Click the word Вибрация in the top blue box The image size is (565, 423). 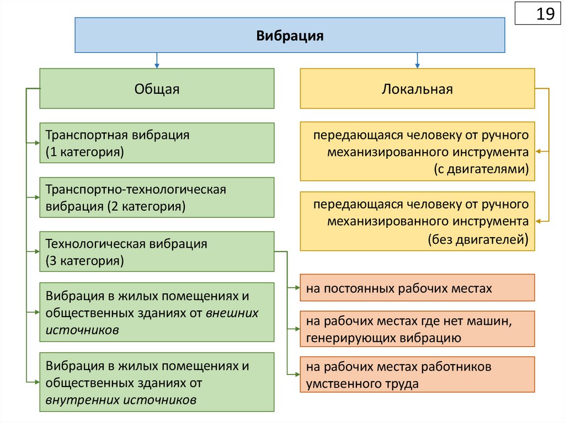coord(290,36)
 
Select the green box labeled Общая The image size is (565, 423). coord(157,89)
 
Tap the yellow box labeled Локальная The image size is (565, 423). coord(417,89)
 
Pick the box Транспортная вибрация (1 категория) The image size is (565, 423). coord(157,143)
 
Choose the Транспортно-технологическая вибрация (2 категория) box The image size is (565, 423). coord(157,197)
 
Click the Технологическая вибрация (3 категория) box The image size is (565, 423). coord(157,251)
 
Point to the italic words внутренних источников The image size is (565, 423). coord(121,400)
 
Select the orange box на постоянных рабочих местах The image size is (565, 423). coord(417,288)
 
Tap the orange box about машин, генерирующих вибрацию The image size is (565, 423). coord(417,329)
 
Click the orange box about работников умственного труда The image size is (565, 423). coord(417,374)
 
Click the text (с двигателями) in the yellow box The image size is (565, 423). coord(481,169)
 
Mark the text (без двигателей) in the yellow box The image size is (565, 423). coord(478,239)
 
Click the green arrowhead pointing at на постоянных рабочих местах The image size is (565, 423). coord(296,287)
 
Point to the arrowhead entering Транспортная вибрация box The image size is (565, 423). coord(36,143)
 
